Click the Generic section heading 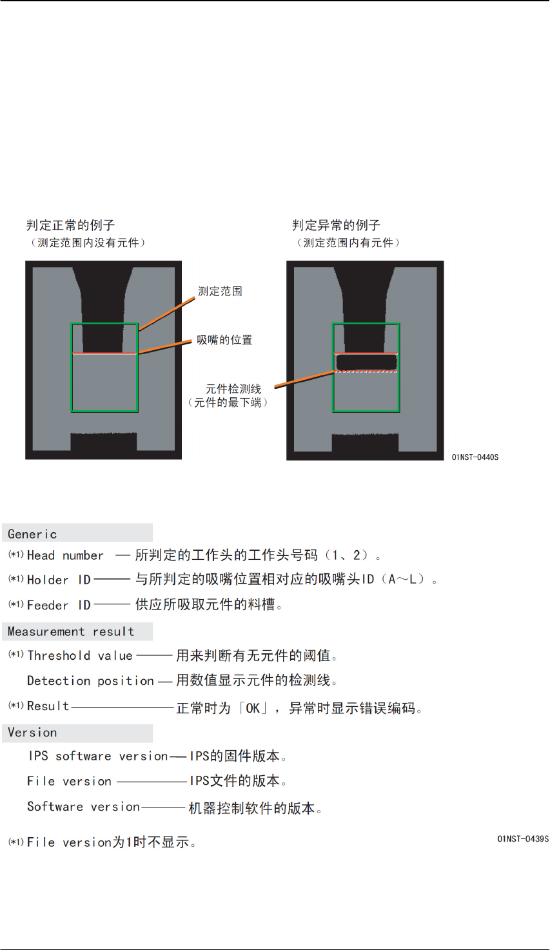click(32, 534)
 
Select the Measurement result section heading click(71, 632)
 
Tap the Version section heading click(32, 733)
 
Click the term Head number click(65, 555)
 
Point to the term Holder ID click(59, 580)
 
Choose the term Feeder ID click(59, 605)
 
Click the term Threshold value click(80, 656)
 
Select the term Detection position click(90, 681)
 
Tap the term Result click(48, 706)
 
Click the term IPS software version click(98, 756)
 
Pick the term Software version click(83, 807)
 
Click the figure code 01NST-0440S click(475, 457)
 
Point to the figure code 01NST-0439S click(523, 839)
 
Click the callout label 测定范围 click(220, 292)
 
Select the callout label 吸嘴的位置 click(224, 340)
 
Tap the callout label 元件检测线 click(233, 389)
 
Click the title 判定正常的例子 click(70, 225)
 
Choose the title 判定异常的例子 click(336, 225)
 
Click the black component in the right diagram click(366, 362)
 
